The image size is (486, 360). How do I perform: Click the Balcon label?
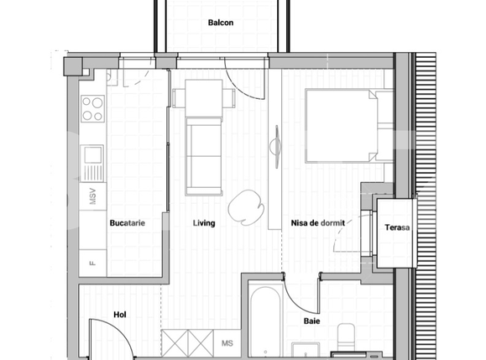221,23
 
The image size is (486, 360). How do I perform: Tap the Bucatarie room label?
124,223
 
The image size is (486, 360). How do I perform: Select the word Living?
204,223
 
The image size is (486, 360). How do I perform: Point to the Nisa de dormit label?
318,223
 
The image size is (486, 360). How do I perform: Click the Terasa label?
397,227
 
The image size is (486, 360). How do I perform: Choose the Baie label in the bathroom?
311,320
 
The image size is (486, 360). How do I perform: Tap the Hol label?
119,315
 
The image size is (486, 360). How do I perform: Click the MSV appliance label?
92,198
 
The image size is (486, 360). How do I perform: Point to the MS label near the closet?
227,343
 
